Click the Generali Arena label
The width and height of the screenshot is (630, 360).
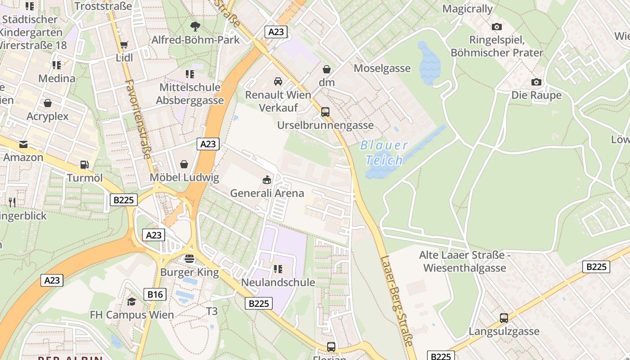(267, 193)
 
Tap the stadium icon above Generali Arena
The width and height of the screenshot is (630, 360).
(267, 180)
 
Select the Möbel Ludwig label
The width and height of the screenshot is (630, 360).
(184, 177)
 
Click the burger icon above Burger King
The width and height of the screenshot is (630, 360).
(189, 259)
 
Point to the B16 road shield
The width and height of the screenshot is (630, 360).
(155, 295)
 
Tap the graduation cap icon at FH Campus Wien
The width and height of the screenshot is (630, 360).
(131, 301)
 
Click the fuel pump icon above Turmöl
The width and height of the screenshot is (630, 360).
(84, 165)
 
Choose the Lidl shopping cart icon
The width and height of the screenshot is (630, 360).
(124, 45)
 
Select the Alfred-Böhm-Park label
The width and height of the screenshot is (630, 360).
(195, 40)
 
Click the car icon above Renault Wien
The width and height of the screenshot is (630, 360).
(278, 81)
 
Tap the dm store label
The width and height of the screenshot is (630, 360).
(327, 82)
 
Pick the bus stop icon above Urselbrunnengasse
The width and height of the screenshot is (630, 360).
(325, 112)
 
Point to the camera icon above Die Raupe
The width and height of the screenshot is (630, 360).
(536, 82)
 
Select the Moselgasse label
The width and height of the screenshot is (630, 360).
(382, 68)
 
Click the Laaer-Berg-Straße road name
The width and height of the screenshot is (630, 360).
(396, 301)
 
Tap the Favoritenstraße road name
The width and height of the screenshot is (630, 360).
(138, 119)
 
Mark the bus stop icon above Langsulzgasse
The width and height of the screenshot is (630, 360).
(504, 318)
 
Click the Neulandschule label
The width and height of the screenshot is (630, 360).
(278, 283)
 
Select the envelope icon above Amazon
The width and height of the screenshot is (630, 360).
(23, 144)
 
